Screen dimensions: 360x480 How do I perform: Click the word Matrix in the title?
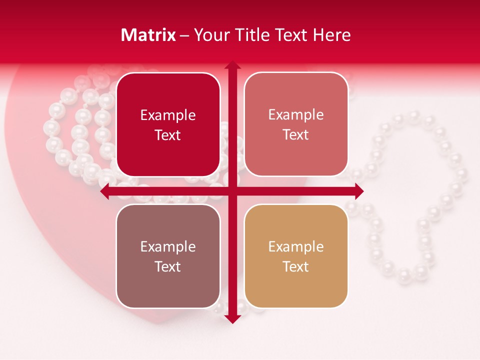(148, 35)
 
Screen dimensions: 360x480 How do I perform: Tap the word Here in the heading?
(331, 35)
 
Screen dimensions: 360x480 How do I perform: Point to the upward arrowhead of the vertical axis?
(232, 65)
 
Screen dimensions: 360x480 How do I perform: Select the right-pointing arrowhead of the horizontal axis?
(358, 191)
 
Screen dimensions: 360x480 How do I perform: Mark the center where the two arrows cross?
(232, 191)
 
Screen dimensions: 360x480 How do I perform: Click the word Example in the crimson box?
(168, 115)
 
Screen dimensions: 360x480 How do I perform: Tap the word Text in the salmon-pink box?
(296, 134)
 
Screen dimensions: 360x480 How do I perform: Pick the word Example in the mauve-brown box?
(168, 246)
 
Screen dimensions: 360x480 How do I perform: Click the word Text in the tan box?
(296, 266)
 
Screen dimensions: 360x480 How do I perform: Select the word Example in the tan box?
(296, 246)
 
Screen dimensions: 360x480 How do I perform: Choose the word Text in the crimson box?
(168, 135)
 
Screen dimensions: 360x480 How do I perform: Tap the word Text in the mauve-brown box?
(168, 266)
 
